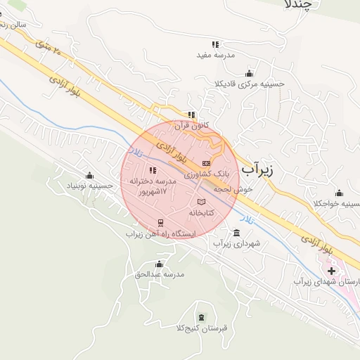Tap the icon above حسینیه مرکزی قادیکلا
(x=248, y=72)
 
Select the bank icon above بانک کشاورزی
(x=206, y=163)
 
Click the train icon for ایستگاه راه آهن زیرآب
(x=162, y=224)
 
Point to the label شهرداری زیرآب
(x=237, y=243)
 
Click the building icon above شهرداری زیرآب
(x=236, y=233)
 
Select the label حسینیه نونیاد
(x=89, y=186)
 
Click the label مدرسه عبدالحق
(x=159, y=274)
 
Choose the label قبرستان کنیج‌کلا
(x=202, y=328)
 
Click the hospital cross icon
(x=331, y=270)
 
